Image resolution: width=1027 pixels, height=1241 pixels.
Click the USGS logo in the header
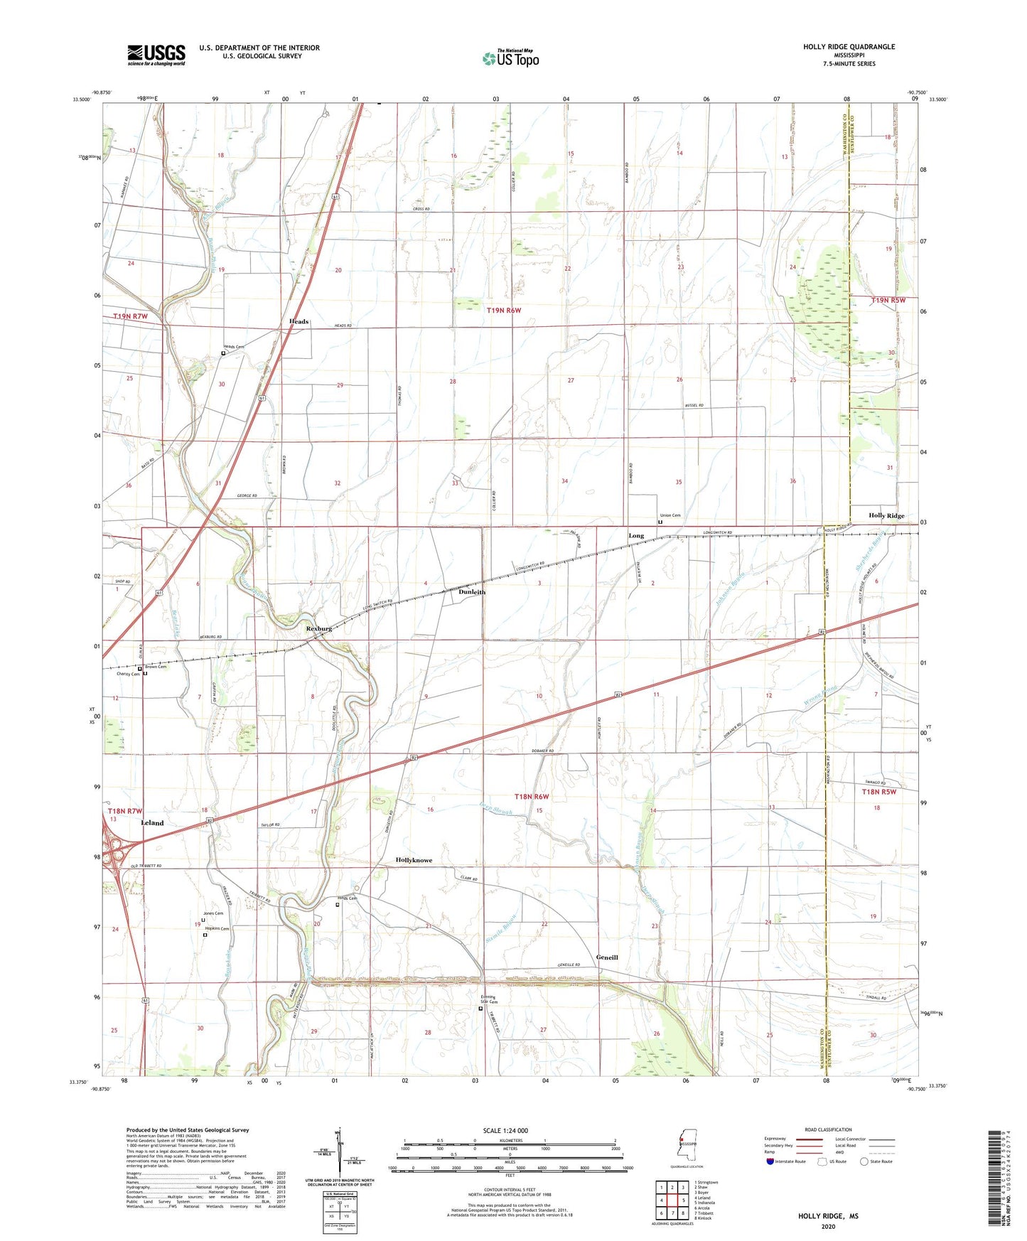pyautogui.click(x=156, y=55)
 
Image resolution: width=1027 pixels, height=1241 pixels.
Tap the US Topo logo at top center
pyautogui.click(x=510, y=58)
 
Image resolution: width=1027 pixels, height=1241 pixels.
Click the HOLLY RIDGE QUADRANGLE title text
pyautogui.click(x=849, y=47)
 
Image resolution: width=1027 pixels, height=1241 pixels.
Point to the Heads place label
pyautogui.click(x=299, y=321)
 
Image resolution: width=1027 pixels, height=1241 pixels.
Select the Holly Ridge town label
pyautogui.click(x=886, y=515)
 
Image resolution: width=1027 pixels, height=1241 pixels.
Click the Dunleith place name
pyautogui.click(x=471, y=591)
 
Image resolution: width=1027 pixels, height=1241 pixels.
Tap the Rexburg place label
pyautogui.click(x=318, y=628)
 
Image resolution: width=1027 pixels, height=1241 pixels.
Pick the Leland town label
pyautogui.click(x=152, y=822)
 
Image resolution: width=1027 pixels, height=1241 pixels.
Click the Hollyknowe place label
pyautogui.click(x=414, y=860)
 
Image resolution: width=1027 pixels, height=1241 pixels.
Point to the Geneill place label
pyautogui.click(x=607, y=957)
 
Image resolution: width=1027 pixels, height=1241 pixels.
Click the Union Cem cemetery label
pyautogui.click(x=670, y=515)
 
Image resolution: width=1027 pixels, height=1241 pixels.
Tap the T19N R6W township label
pyautogui.click(x=504, y=311)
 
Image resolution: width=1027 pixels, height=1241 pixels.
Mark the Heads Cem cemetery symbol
pyautogui.click(x=223, y=353)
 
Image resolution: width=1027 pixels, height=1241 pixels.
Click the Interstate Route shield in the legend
pyautogui.click(x=770, y=1161)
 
